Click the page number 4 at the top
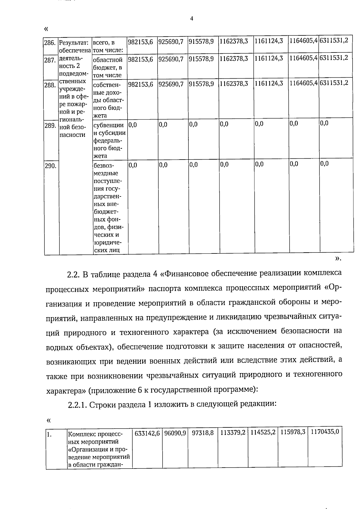[x=192, y=19]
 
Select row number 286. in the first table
[x=50, y=43]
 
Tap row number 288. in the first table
[x=50, y=85]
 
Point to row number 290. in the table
[x=50, y=166]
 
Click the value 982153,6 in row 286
[x=140, y=42]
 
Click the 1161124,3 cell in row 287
[x=268, y=58]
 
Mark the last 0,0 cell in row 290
[x=324, y=164]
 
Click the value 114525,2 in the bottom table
[x=263, y=433]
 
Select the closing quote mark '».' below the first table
[x=338, y=259]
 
